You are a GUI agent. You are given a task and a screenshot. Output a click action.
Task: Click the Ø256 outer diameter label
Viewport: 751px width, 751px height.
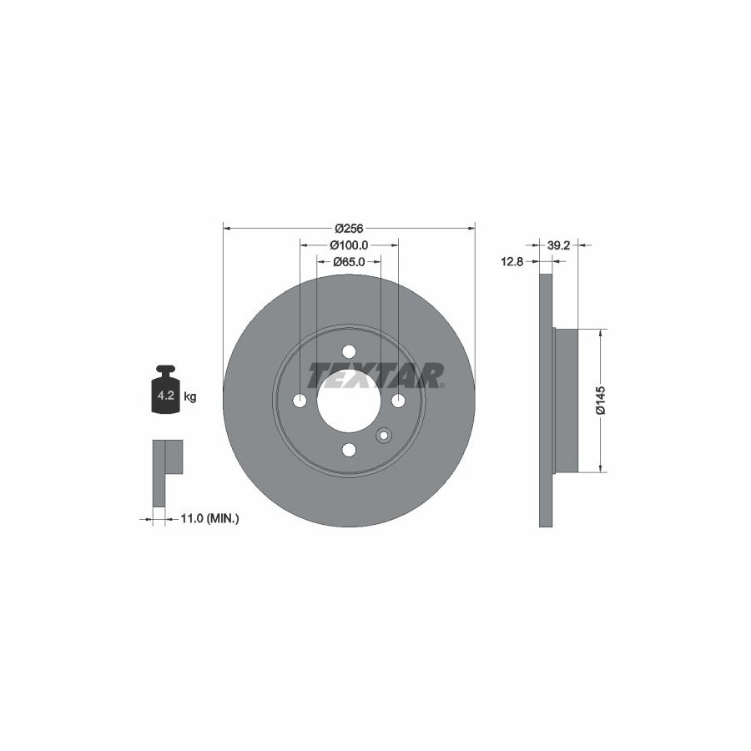tap(349, 229)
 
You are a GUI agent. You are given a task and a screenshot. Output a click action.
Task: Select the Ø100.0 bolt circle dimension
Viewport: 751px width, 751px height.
tap(349, 245)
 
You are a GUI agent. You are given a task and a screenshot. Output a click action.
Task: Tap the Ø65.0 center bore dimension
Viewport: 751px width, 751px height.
tap(349, 261)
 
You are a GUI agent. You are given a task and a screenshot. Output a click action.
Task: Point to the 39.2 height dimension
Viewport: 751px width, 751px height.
tap(558, 245)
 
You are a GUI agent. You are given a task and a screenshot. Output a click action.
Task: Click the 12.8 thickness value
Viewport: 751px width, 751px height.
tap(512, 261)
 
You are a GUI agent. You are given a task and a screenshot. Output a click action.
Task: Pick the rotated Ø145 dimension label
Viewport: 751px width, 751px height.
tap(601, 401)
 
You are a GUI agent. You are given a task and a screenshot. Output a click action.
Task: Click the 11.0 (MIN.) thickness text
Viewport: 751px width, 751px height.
tap(209, 517)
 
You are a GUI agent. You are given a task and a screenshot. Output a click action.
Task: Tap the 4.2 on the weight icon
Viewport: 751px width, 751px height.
tap(166, 396)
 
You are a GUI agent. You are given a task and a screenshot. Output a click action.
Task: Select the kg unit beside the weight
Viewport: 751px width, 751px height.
tap(190, 397)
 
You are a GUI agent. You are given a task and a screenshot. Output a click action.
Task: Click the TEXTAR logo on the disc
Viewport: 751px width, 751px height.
tap(376, 375)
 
